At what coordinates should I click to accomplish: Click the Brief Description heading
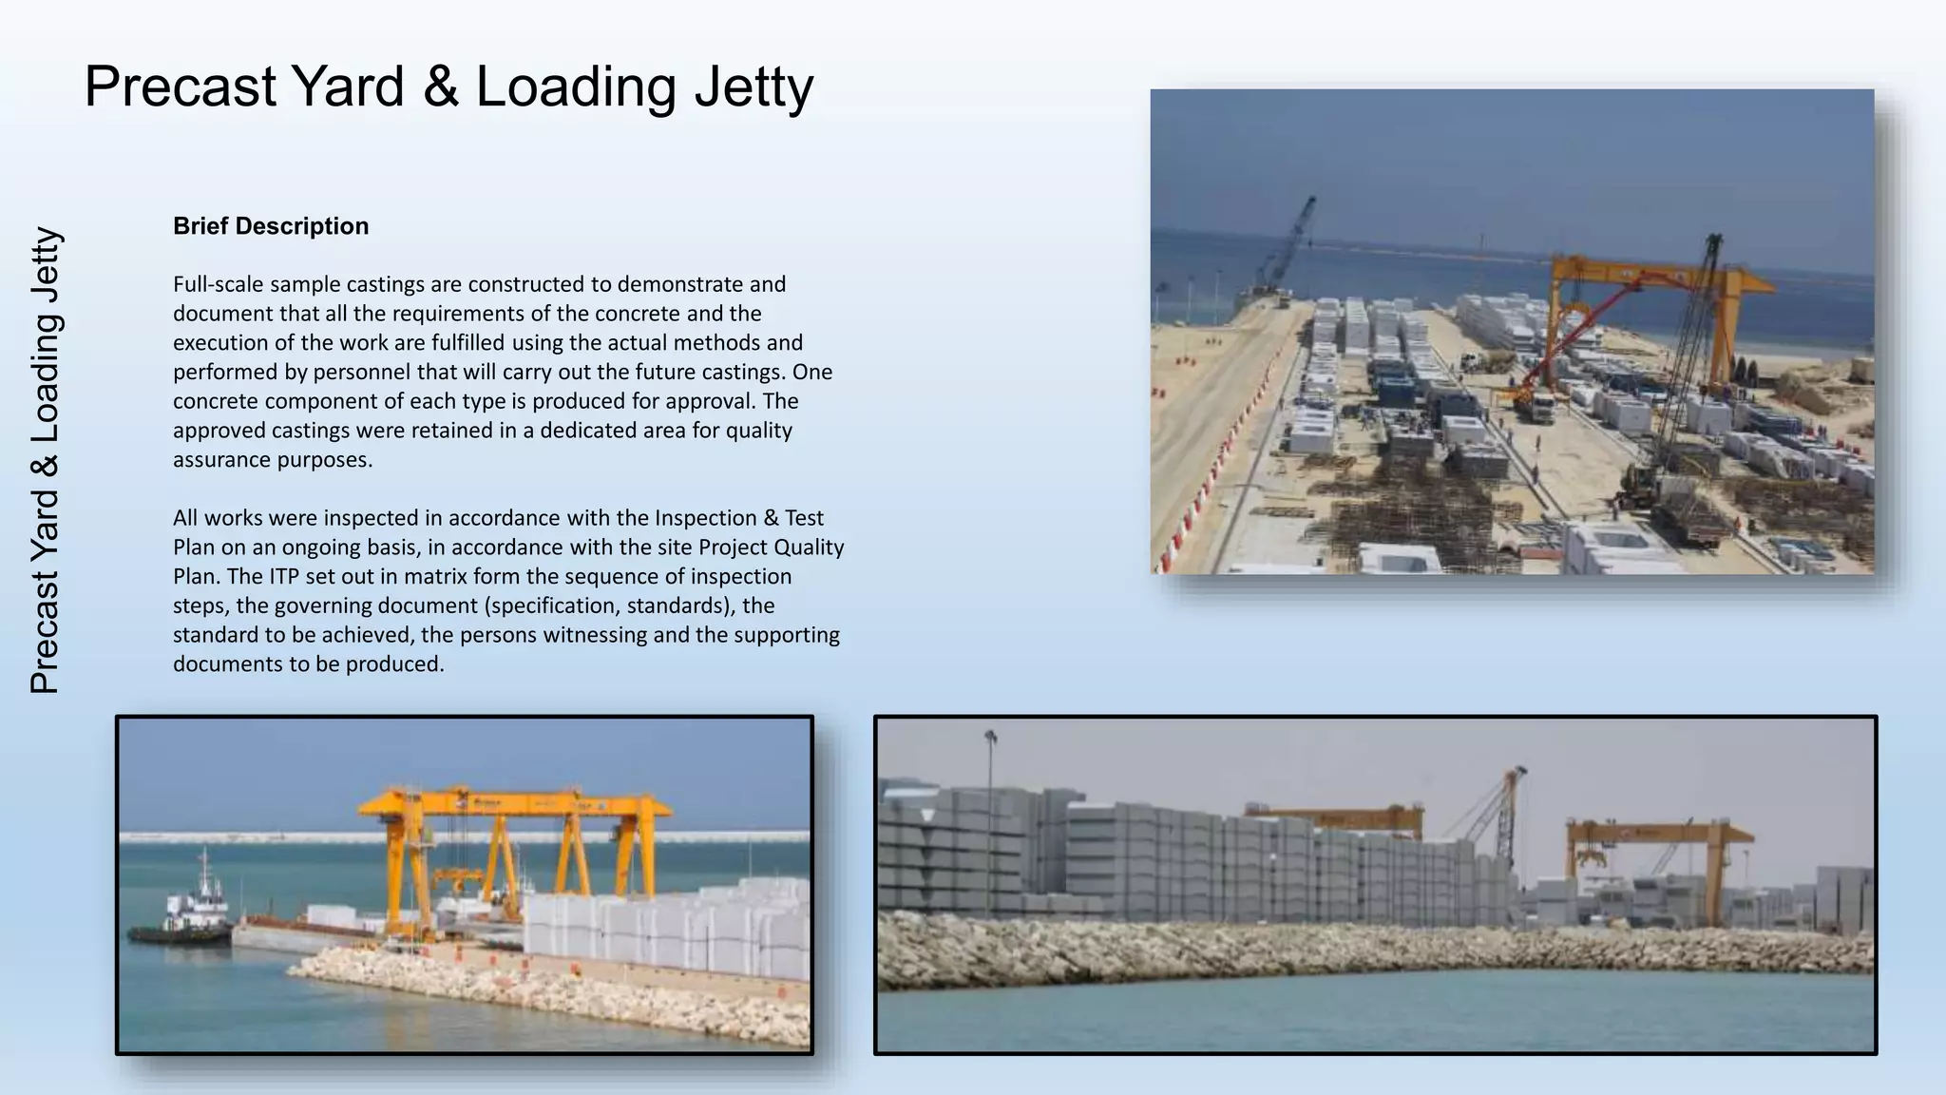click(x=271, y=226)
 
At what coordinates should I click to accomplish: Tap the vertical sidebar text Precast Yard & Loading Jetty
click(x=46, y=460)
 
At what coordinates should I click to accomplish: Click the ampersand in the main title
click(x=440, y=87)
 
